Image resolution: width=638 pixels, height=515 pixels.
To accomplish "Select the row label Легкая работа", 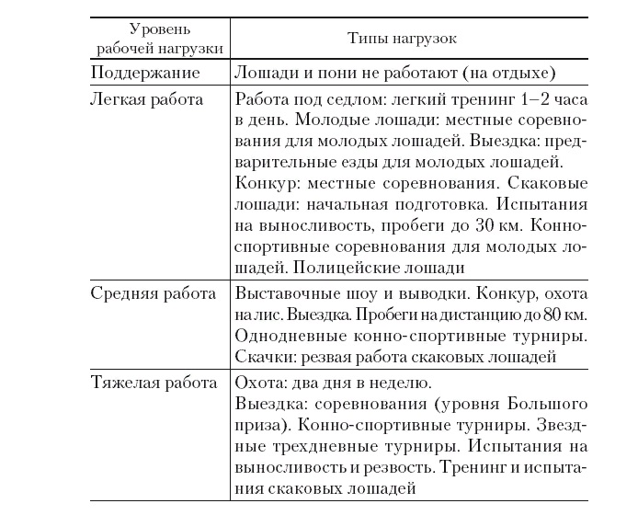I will click(147, 98).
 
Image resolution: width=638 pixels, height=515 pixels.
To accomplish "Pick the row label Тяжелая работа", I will click(154, 382).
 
